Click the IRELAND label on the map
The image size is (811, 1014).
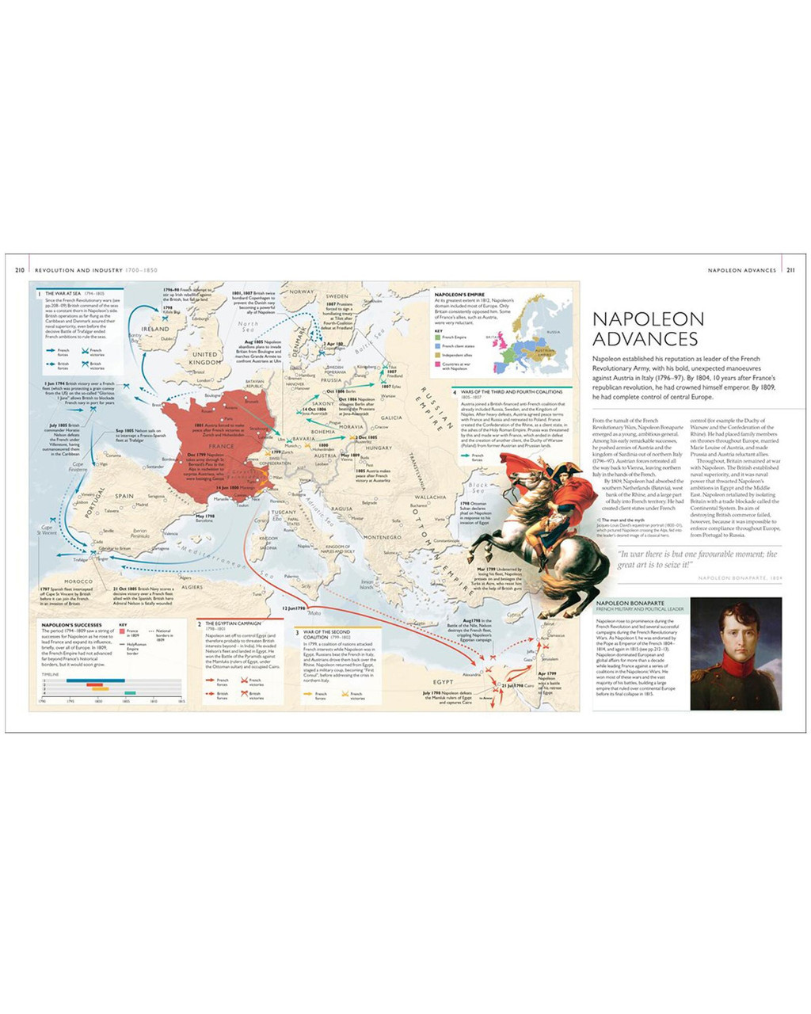point(155,329)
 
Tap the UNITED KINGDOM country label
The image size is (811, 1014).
point(205,358)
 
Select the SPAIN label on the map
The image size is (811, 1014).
point(125,496)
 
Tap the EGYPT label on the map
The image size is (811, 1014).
point(444,681)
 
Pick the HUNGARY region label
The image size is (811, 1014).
point(379,448)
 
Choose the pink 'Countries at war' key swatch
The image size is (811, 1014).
point(437,366)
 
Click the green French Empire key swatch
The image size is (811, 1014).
point(437,337)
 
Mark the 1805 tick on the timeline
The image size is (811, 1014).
point(125,700)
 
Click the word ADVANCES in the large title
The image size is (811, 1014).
point(645,339)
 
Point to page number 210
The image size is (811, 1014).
point(20,270)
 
